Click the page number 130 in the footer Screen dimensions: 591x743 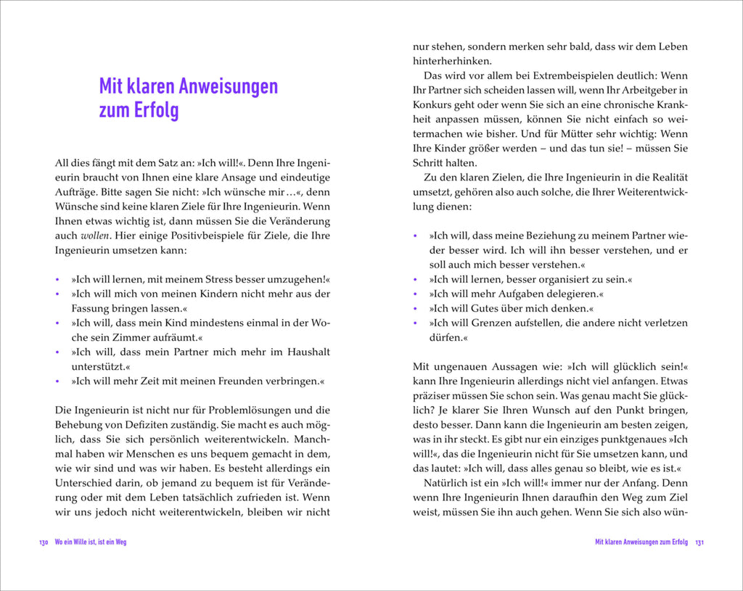44,542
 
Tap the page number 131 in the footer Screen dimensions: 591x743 699,542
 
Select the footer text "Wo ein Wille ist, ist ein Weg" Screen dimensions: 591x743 91,542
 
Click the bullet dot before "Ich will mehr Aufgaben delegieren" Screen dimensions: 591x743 416,294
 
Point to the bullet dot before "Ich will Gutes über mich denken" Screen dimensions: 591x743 416,308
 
